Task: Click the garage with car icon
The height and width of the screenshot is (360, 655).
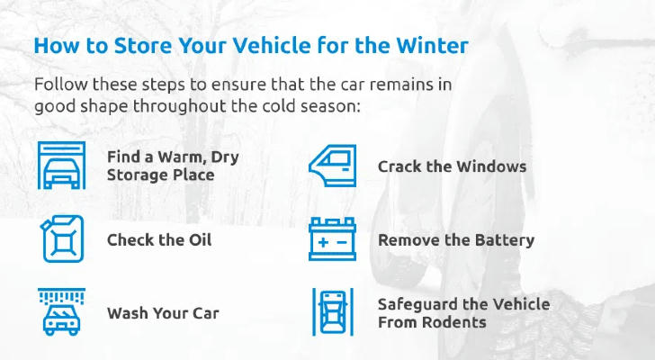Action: (x=61, y=165)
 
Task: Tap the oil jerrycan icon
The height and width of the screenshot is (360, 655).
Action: (x=62, y=238)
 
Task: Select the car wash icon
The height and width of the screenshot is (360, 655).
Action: (x=61, y=311)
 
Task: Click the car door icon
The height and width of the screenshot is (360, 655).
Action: (x=333, y=166)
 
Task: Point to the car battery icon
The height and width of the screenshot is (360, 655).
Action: (x=333, y=238)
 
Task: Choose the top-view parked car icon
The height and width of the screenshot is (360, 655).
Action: (x=333, y=312)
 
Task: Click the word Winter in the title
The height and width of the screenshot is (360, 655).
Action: (x=432, y=45)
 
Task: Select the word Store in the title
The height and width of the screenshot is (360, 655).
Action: (x=143, y=45)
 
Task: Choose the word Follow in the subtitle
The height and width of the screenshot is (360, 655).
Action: (x=60, y=85)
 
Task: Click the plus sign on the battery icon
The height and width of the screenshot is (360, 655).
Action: (x=323, y=243)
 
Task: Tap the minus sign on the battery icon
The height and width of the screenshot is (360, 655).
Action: (x=342, y=243)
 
